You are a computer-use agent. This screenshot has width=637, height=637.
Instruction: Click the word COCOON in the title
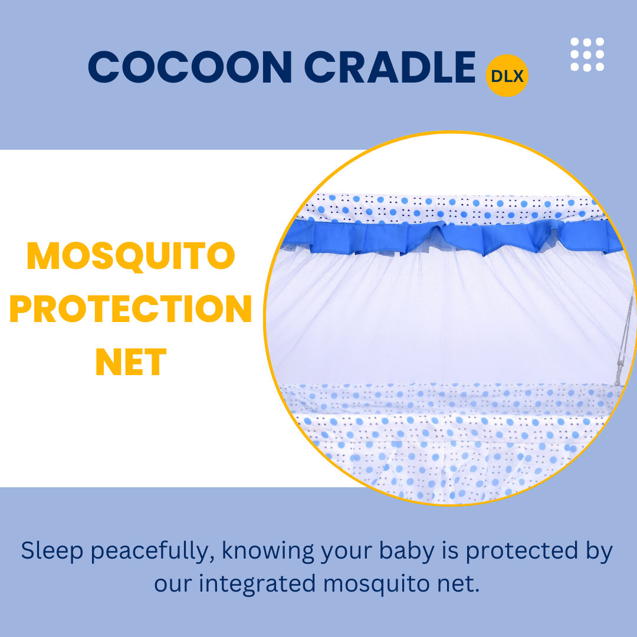190,67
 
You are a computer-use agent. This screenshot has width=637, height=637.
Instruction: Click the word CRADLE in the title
390,67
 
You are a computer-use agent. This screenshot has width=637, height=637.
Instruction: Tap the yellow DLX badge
507,75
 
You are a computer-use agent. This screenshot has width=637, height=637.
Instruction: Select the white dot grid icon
587,54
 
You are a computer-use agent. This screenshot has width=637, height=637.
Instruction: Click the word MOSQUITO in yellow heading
131,257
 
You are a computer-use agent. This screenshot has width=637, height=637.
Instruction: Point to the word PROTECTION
131,308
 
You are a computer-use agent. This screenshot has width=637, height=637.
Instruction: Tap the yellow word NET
131,362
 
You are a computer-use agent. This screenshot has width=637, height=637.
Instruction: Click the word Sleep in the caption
52,551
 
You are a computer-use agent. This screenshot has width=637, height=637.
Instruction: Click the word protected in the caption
521,551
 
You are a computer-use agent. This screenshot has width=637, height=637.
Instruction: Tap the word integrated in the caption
257,584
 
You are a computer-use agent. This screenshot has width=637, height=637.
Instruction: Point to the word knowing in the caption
268,551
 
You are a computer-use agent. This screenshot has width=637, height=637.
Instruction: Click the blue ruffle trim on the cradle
451,238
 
